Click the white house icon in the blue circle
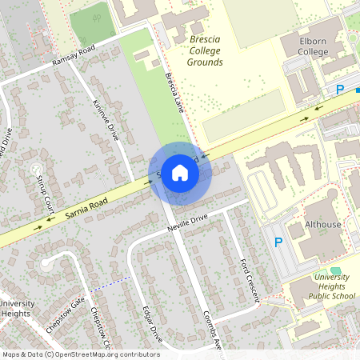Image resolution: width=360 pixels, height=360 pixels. tap(180, 173)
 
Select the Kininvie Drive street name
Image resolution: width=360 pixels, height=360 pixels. tap(106, 121)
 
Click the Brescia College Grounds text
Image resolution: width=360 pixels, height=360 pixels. tap(194, 50)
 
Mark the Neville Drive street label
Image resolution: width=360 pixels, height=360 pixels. tap(187, 222)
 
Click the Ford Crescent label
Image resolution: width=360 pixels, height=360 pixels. tap(250, 279)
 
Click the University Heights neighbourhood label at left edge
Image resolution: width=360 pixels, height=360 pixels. tap(15, 308)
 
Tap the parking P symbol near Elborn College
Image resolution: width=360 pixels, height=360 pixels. tap(339, 90)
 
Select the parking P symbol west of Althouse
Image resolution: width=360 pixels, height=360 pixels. tap(278, 242)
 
